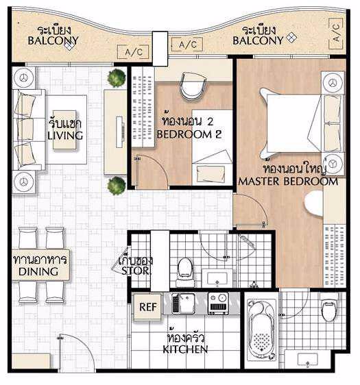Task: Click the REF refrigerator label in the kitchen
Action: [147, 307]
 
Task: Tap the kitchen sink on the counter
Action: [183, 303]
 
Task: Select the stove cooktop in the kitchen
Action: [218, 303]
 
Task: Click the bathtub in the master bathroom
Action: [261, 330]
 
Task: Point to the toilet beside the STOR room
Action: [185, 271]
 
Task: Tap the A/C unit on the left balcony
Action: [133, 52]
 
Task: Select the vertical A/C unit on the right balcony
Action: [336, 33]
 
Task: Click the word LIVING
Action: [65, 136]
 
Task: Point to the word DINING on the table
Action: [38, 271]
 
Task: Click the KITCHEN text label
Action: [185, 349]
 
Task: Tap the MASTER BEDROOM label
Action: [288, 182]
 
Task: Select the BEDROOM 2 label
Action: [189, 134]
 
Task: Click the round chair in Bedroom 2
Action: [193, 86]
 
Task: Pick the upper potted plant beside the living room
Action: [117, 78]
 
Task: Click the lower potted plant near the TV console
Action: [117, 186]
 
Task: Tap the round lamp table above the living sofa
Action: [24, 78]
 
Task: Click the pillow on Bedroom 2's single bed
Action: [211, 173]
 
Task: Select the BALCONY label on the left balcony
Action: [53, 40]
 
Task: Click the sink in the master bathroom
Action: [307, 360]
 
